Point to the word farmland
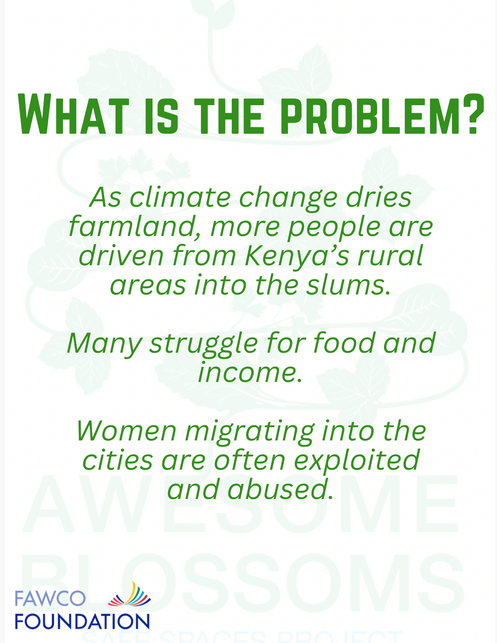[135, 226]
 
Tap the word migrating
[250, 432]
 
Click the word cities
[118, 460]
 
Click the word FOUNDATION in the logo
[82, 621]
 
